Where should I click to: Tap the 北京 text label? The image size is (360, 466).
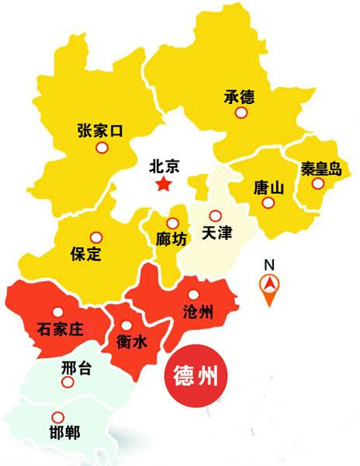coord(164,165)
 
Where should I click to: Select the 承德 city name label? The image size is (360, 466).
coord(239,96)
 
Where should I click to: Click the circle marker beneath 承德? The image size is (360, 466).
coord(242,113)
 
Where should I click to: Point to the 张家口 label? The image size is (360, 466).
coord(101,130)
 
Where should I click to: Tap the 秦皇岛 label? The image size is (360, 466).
coord(320,167)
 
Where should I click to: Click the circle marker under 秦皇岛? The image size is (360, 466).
coord(318,183)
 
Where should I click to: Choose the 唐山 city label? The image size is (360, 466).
coord(269,187)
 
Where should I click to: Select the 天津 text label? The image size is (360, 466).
coord(216,232)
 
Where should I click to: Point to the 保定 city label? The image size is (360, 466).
coord(85,253)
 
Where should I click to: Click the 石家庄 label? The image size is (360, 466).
coord(60,329)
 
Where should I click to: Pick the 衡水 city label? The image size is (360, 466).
coord(132,340)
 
